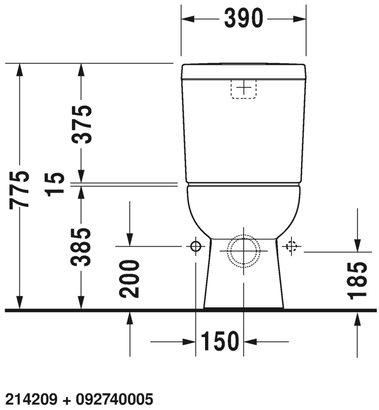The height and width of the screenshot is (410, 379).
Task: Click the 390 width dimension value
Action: click(243, 19)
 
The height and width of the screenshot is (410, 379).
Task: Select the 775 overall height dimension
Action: click(21, 189)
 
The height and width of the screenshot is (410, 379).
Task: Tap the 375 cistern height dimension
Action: click(82, 124)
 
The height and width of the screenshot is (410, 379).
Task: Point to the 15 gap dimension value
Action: click(56, 184)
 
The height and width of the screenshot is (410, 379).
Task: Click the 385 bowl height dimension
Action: click(82, 247)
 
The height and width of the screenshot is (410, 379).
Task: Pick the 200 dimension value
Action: click(130, 279)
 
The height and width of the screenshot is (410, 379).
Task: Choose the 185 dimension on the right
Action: click(357, 280)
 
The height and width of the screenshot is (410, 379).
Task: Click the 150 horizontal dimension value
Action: click(220, 341)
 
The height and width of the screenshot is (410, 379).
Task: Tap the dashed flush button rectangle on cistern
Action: click(244, 89)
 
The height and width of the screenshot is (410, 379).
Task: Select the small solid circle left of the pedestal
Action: click(195, 247)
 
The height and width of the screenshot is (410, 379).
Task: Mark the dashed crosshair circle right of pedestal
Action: click(292, 247)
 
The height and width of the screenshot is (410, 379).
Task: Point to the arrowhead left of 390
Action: click(187, 19)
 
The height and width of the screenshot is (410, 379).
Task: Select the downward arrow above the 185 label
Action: click(357, 245)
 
